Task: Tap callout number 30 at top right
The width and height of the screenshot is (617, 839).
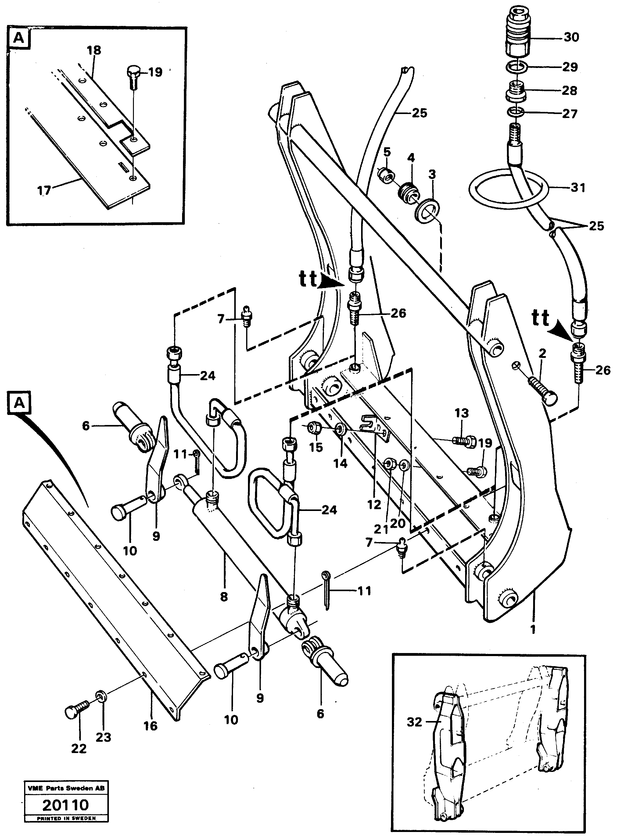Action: click(571, 37)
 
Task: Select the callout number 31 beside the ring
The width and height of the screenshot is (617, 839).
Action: click(578, 187)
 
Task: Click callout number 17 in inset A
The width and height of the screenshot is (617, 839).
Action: click(44, 191)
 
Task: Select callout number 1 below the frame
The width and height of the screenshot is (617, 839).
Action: click(533, 630)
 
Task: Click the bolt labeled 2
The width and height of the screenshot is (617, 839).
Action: click(543, 392)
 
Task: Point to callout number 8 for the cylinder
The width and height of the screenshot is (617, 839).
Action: click(224, 597)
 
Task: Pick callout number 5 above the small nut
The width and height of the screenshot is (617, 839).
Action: click(387, 152)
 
